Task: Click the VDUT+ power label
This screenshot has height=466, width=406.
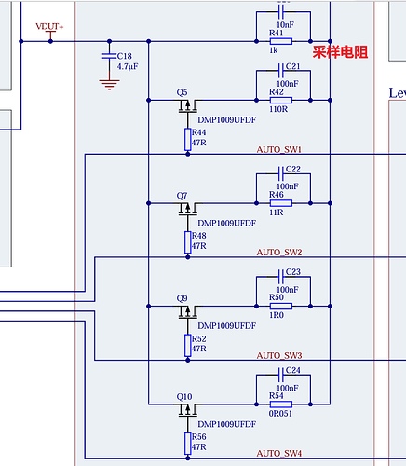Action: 49,27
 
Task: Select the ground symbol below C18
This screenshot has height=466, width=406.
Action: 109,85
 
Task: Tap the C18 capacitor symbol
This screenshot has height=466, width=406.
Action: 109,56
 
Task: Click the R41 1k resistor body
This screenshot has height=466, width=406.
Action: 281,41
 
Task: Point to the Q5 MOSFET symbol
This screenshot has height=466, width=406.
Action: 188,106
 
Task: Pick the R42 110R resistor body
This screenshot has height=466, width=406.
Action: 281,100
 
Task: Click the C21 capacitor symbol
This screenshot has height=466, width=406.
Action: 281,71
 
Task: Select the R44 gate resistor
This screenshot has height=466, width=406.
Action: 188,140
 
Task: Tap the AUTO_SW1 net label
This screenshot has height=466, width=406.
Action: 279,150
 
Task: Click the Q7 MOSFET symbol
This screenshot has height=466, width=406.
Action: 188,209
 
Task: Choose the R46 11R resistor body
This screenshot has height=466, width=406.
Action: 281,203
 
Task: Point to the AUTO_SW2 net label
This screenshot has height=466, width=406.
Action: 279,253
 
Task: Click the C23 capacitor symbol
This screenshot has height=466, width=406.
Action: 281,277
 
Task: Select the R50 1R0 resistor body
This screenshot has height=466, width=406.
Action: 281,307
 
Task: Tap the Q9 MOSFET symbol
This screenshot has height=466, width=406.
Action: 188,312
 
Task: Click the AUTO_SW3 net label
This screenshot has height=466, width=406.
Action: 279,355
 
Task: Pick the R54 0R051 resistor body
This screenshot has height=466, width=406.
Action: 281,404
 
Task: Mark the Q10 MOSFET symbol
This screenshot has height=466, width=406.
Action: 188,410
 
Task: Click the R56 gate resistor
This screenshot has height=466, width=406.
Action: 188,444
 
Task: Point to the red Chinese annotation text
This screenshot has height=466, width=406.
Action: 340,52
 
